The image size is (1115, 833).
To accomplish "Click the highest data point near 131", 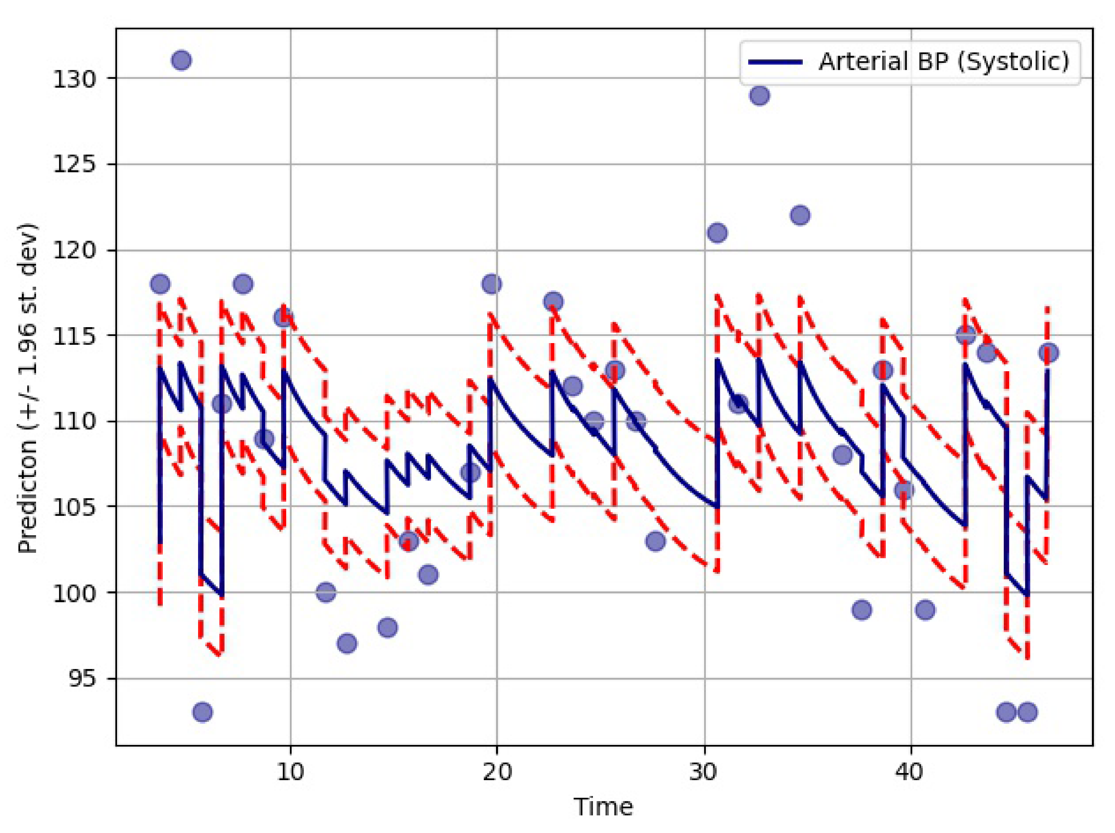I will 181,60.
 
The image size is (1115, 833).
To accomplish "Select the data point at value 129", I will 760,95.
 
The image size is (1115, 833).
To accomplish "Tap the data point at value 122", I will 800,215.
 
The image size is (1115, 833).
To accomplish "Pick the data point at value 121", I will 717,233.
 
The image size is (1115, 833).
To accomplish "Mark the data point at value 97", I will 347,643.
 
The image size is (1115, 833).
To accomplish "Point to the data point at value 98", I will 387,627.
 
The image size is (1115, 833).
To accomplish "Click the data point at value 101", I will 428,575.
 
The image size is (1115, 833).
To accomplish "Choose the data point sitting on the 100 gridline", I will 326,592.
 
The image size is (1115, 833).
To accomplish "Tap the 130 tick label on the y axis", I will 74,79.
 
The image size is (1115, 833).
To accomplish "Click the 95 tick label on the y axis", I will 82,679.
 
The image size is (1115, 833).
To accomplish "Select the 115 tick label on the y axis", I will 74,336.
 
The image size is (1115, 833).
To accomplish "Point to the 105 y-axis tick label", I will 74,508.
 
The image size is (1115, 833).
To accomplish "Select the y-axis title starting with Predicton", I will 28,388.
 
